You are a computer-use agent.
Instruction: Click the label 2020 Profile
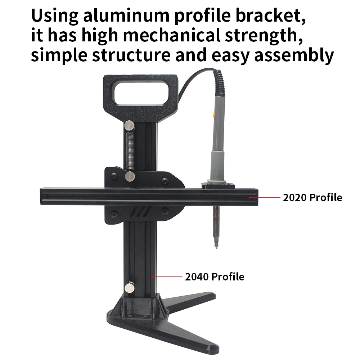312,197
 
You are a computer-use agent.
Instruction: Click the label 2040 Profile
214,276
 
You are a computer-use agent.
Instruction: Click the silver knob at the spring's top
129,126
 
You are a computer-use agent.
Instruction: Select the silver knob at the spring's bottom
130,176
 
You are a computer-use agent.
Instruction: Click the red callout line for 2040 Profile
167,276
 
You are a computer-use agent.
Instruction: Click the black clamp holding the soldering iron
218,185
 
